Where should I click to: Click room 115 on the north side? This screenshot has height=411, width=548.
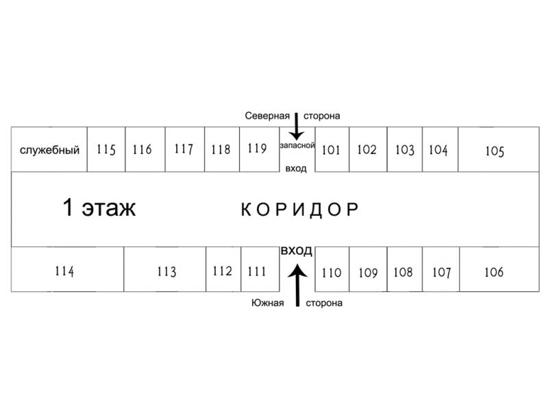pos(106,149)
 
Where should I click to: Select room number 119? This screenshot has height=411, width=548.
pos(260,149)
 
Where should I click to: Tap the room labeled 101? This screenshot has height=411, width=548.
pos(332,149)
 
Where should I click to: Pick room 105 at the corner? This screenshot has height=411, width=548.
pos(499,149)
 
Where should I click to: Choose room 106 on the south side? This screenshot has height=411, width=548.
pos(499,269)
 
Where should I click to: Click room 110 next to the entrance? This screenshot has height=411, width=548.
pos(332,269)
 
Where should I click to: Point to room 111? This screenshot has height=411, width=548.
pos(260,269)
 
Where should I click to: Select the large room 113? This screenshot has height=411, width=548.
pos(165,269)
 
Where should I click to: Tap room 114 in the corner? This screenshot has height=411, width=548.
pos(67,269)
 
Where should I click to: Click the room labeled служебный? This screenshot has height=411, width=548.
pos(49,149)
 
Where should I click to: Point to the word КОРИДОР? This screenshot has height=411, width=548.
pos(300,210)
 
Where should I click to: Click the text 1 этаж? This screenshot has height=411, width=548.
pos(99,208)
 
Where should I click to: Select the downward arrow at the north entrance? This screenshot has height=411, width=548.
pos(297,126)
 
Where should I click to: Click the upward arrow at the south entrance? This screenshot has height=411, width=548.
pos(297,285)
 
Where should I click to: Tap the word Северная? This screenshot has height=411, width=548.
pos(267,116)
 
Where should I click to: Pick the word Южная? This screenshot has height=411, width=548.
pos(268,303)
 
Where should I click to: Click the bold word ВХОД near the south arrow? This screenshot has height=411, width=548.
pos(297,251)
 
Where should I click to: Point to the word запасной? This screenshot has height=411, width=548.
pos(297,145)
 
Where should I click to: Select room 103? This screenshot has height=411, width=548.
pos(405,149)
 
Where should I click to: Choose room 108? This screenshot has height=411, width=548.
pos(405,269)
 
